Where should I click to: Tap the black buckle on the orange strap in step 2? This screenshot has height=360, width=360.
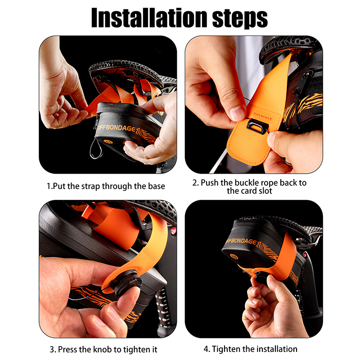[x=258, y=126]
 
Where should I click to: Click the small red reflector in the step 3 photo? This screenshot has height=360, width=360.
[x=174, y=231]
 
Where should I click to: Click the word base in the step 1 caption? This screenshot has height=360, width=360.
[x=156, y=186]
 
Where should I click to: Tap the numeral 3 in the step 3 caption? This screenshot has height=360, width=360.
[x=52, y=350]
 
